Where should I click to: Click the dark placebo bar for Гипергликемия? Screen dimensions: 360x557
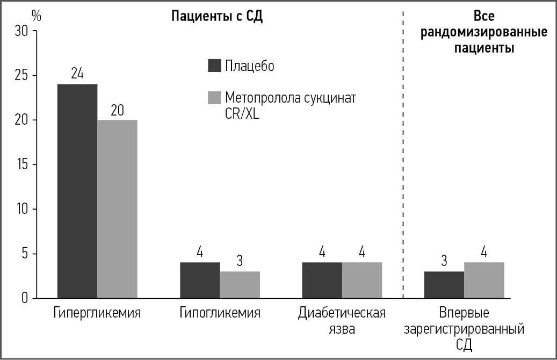[x=77, y=191]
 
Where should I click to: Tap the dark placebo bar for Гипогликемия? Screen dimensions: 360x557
[x=200, y=280]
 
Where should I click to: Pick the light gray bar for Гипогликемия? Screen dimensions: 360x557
[x=240, y=285]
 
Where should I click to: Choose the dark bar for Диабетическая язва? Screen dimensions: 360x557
[x=322, y=280]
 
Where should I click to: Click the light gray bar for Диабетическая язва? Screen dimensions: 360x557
[x=362, y=280]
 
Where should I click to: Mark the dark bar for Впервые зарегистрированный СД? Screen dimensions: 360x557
[x=444, y=285]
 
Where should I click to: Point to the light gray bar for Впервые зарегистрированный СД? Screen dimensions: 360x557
[x=484, y=280]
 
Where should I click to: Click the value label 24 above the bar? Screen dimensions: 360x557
[x=77, y=74]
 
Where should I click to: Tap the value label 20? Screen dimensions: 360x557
[x=117, y=110]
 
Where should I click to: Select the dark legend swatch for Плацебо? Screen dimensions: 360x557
[x=214, y=66]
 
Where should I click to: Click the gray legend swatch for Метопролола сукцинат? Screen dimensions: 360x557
[x=214, y=98]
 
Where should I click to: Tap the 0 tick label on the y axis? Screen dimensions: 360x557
[x=25, y=298]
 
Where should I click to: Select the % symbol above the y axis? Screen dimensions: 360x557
[x=36, y=15]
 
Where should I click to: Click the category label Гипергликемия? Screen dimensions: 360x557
[x=97, y=313]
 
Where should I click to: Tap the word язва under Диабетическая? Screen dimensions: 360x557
[x=342, y=328]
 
